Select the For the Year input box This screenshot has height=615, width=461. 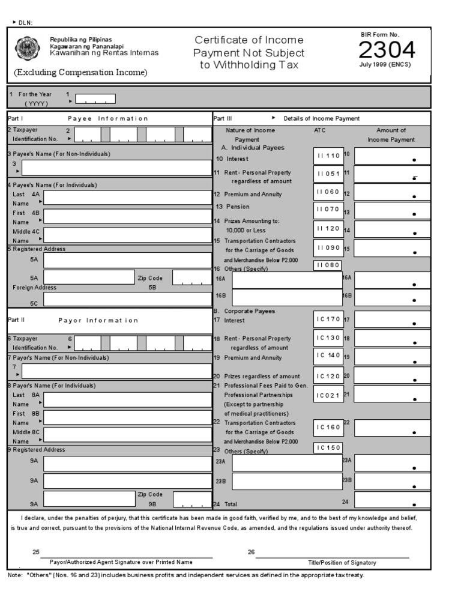(x=95, y=98)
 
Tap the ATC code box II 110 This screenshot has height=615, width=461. (x=329, y=156)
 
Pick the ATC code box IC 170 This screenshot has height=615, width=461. (x=329, y=320)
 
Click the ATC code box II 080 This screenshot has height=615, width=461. (x=329, y=265)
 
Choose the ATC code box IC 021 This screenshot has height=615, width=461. (x=329, y=395)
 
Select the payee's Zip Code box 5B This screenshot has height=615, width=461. (x=191, y=277)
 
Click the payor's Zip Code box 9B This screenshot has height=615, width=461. (x=191, y=500)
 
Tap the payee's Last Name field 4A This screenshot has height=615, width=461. (x=127, y=198)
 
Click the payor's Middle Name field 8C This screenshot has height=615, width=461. (x=127, y=435)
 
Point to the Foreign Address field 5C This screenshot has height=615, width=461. (x=127, y=299)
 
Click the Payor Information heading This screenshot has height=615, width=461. (x=98, y=320)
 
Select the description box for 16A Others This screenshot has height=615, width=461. (x=286, y=280)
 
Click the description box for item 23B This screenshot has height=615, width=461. (x=286, y=481)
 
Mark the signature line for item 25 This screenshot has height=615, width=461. (x=130, y=557)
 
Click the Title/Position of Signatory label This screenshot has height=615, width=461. (x=342, y=563)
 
